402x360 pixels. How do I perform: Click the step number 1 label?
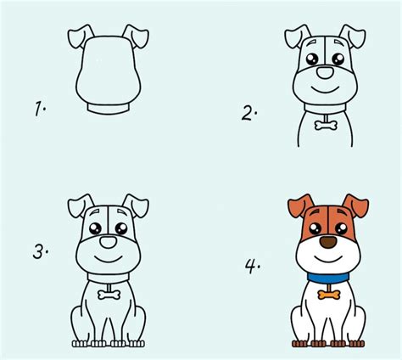click(x=40, y=109)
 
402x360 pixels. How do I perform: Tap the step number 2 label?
click(x=249, y=114)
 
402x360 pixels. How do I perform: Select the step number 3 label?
click(x=41, y=251)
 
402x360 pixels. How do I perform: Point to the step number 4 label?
click(x=253, y=267)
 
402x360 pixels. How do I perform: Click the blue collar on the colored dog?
click(x=328, y=278)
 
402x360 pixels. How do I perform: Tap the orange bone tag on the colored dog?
click(x=329, y=295)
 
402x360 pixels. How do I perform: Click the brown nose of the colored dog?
click(x=328, y=243)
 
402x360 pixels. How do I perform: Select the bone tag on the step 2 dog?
click(x=326, y=125)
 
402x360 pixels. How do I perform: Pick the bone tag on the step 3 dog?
click(x=109, y=295)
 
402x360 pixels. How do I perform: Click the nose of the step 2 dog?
click(x=325, y=72)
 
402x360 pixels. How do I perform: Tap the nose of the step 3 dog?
click(x=109, y=242)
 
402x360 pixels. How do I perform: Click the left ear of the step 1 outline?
click(x=81, y=37)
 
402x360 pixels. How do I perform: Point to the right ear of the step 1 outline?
click(x=136, y=37)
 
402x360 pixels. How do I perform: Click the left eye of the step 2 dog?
click(x=312, y=59)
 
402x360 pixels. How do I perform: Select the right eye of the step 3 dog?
click(x=121, y=228)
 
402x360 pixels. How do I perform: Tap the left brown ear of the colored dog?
click(x=301, y=205)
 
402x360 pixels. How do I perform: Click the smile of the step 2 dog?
click(x=325, y=90)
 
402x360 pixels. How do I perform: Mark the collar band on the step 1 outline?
click(x=109, y=109)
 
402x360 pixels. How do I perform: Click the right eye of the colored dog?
click(x=341, y=228)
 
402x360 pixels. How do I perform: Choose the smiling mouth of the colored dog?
click(x=328, y=259)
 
